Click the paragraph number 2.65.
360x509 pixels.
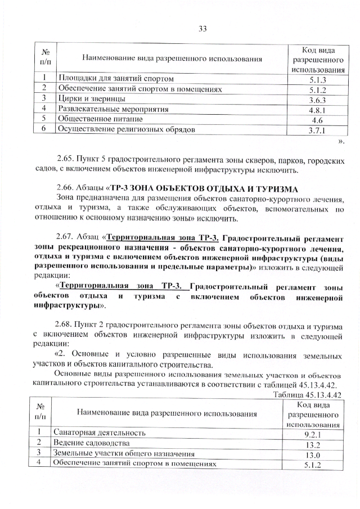(67, 161)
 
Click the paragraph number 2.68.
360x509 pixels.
(67, 327)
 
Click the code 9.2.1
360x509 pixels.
(312, 434)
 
